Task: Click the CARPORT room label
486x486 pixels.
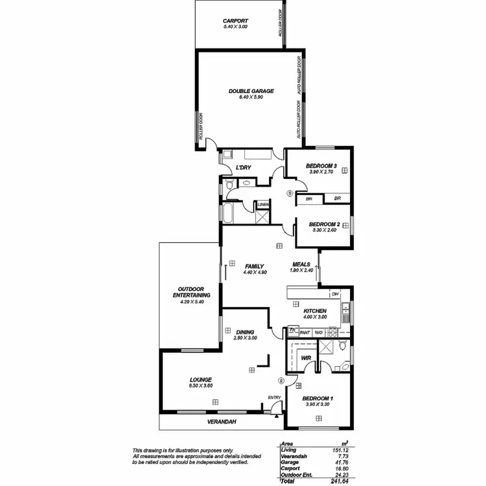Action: coord(235,21)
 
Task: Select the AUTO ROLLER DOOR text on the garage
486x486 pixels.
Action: coord(299,97)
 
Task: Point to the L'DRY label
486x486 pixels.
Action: coord(244,168)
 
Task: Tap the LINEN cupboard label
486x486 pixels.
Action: coord(263,205)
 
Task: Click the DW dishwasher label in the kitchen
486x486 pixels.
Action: coord(335,294)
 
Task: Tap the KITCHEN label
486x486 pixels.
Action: coord(315,311)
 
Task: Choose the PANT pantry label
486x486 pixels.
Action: coord(305,332)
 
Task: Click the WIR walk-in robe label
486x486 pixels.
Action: coord(306,357)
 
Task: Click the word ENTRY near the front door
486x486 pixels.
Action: coord(273,398)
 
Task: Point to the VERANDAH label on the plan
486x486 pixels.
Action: coord(222,422)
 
